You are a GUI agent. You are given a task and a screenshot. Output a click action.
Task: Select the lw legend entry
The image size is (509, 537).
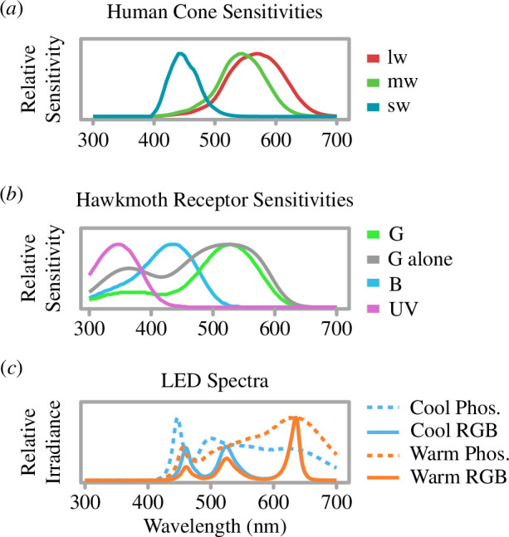399,60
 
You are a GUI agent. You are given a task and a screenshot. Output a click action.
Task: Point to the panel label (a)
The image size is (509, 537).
17,12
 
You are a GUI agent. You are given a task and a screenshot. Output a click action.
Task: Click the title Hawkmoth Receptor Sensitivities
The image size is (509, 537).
214,200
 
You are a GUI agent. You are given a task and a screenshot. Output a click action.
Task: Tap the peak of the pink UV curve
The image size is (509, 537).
119,244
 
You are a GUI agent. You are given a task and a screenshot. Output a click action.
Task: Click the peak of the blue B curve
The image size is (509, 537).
172,244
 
